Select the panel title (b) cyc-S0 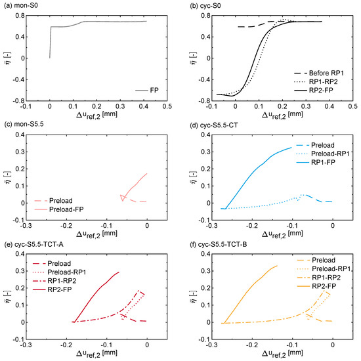[x=208, y=5]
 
